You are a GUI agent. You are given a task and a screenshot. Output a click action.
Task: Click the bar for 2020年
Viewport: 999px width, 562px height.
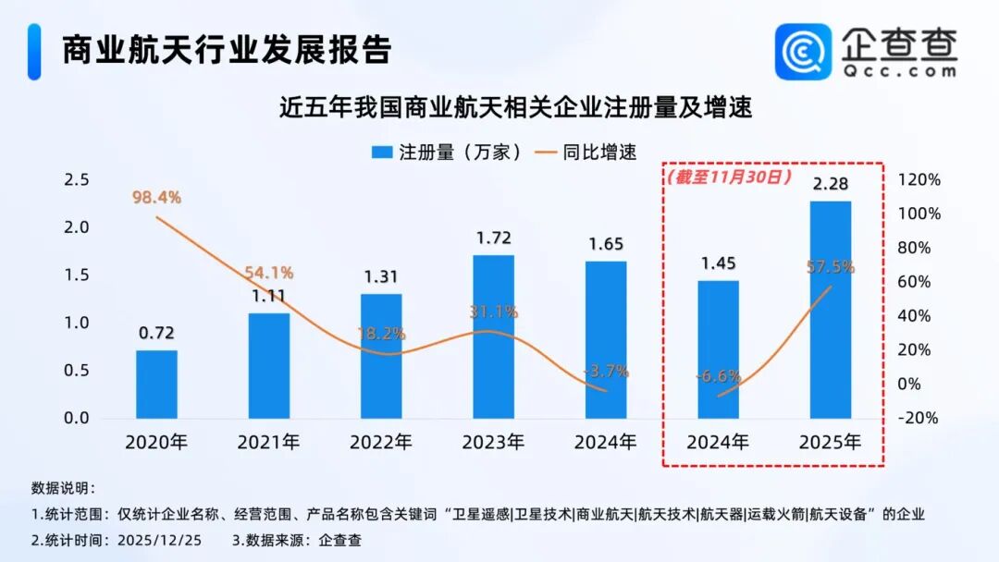coord(156,384)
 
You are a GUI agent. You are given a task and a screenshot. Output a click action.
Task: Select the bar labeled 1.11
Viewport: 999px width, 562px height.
coord(269,365)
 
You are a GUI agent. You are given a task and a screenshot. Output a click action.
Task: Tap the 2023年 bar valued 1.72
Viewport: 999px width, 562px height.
coord(493,336)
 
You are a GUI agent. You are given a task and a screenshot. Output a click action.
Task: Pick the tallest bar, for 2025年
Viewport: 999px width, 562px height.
coord(830,310)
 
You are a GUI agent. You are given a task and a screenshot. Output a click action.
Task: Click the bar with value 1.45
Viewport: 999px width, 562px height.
coord(718,349)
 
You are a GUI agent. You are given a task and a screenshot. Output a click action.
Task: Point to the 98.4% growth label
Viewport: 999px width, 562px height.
coord(155,197)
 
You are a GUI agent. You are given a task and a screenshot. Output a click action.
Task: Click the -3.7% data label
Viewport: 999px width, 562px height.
coord(607,372)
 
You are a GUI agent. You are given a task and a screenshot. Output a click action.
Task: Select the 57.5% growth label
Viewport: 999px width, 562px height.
coord(830,267)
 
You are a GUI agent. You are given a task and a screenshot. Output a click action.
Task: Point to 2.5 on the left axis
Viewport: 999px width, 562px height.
coord(76,179)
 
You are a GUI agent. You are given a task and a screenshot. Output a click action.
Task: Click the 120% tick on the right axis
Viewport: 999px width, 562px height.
coord(921,179)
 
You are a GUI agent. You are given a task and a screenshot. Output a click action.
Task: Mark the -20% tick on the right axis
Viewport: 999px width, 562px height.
coord(919,418)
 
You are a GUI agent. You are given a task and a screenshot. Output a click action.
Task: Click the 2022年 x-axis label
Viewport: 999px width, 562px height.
coord(381,442)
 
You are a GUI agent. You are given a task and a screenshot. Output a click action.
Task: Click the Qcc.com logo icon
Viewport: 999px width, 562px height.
coord(802,51)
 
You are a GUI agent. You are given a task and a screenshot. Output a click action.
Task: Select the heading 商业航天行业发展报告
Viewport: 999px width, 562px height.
coord(227,50)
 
